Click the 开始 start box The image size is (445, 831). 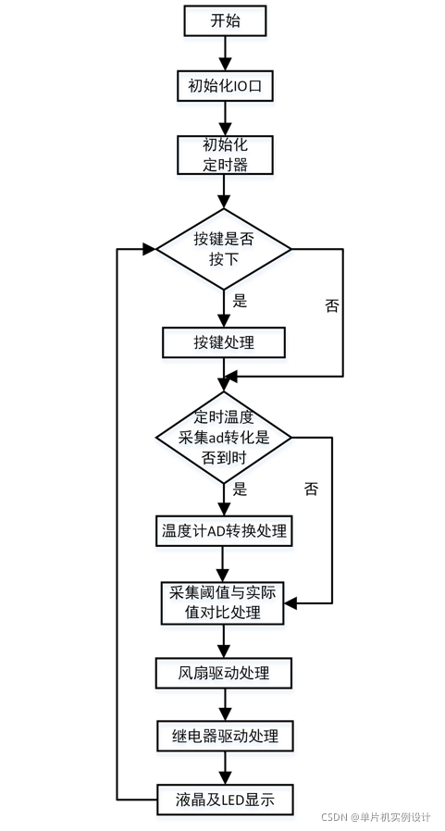pos(224,19)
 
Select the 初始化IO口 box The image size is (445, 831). pos(224,86)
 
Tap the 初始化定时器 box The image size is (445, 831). pos(224,155)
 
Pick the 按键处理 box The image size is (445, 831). pos(224,342)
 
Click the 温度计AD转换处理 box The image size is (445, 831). pos(224,531)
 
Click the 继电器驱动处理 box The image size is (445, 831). pos(224,737)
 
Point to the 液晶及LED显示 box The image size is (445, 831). pos(224,799)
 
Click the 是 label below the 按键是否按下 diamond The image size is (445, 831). pos(240,301)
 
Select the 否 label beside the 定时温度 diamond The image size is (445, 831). pos(311,489)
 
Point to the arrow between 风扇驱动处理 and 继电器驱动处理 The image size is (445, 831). pos(224,703)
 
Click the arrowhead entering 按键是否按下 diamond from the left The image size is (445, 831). pos(149,248)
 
